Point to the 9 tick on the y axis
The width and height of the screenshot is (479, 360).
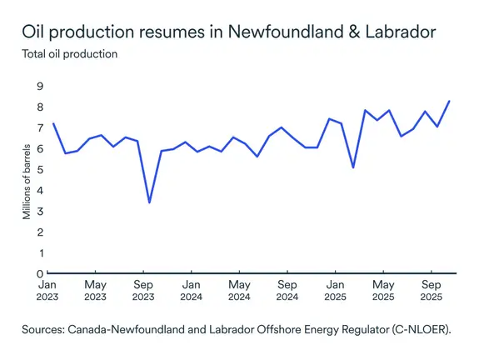pos(39,86)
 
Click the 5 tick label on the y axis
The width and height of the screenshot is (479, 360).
pos(39,169)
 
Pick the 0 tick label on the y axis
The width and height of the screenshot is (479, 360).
pos(39,273)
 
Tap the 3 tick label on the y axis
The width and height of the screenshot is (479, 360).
pos(39,211)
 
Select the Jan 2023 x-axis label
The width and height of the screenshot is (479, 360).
pos(47,290)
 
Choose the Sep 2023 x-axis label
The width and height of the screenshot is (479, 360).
pos(142,290)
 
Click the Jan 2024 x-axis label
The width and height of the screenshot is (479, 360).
pos(191,290)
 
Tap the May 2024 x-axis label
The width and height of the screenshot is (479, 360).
pos(239,290)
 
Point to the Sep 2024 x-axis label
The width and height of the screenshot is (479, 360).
pos(287,290)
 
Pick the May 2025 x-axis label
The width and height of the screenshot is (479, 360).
pos(382,290)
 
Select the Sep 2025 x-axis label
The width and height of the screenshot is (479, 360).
pos(431,290)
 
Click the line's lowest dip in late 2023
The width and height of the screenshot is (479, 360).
pos(149,202)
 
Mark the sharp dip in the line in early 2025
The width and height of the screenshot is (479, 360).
pos(353,167)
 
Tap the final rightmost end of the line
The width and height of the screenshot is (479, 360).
pos(450,101)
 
